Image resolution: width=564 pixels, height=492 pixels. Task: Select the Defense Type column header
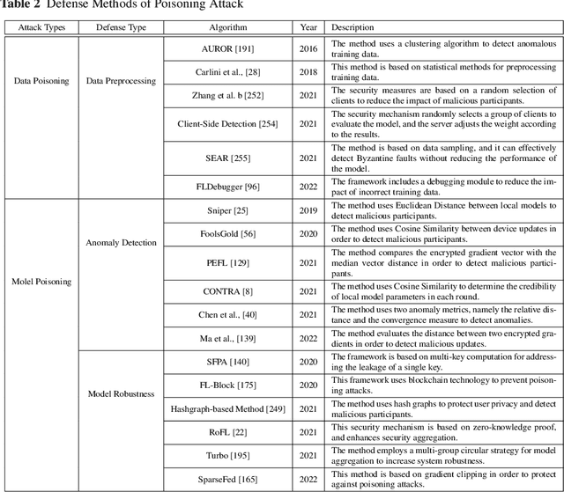tap(121, 28)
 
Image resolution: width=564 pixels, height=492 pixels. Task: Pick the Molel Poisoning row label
tap(41, 282)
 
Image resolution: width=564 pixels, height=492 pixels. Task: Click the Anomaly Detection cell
tap(122, 243)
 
